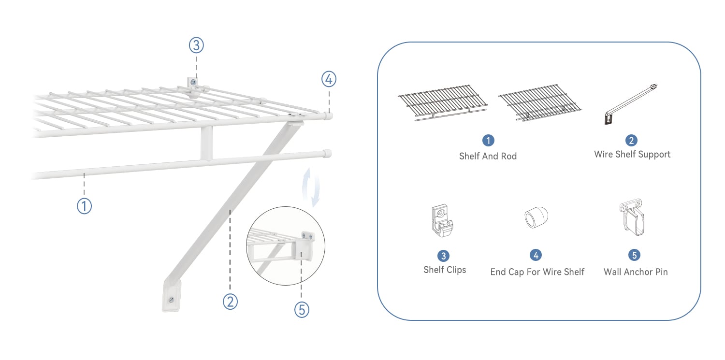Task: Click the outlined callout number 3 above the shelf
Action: pos(196,45)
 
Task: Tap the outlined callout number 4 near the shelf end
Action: pos(329,79)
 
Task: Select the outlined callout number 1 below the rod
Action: pos(84,206)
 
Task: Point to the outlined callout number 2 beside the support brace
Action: pos(230,302)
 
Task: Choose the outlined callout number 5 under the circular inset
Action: pos(302,310)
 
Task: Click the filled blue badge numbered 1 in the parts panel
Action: pos(488,141)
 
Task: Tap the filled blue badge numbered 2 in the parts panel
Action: pos(631,141)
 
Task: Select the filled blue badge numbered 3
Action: pos(443,256)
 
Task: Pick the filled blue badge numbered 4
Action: pos(536,255)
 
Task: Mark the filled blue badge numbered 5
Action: pos(634,255)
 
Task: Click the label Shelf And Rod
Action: pos(488,156)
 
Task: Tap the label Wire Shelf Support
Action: pos(632,155)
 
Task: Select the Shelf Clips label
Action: pos(445,270)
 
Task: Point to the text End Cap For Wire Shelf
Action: pos(537,272)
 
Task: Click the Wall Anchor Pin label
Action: pos(636,272)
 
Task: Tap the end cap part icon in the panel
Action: pos(536,217)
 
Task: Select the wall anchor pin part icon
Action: pos(632,217)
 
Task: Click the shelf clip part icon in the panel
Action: pos(442,220)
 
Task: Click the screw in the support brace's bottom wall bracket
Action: pos(171,300)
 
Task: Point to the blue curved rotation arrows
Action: pos(311,187)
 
